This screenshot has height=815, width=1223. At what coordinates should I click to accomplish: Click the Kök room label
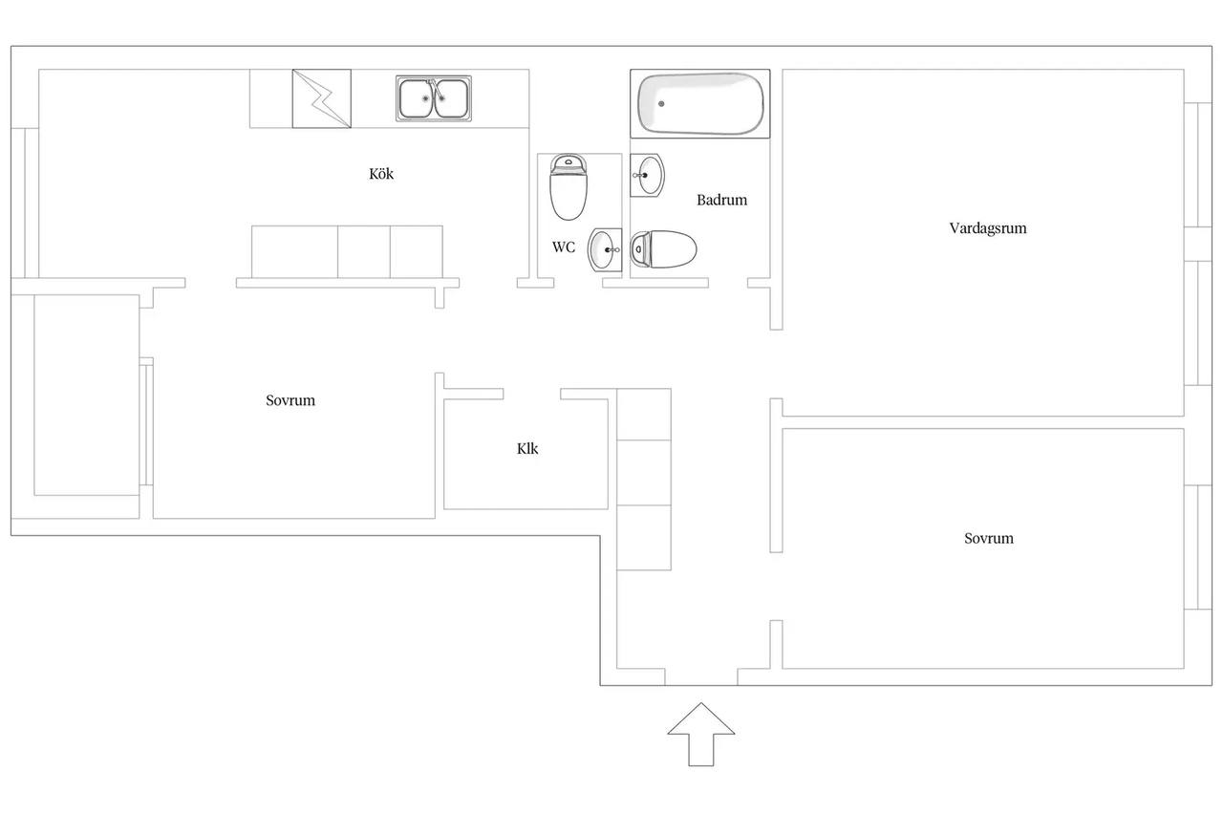pyautogui.click(x=380, y=174)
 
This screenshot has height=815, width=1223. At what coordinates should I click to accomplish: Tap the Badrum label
pyautogui.click(x=721, y=200)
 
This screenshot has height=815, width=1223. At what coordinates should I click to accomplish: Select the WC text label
pyautogui.click(x=564, y=247)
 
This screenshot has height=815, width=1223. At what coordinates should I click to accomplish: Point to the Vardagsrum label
pyautogui.click(x=988, y=228)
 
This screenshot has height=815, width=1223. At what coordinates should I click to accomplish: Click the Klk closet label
pyautogui.click(x=527, y=449)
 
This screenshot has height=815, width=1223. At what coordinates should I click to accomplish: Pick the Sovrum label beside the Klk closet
pyautogui.click(x=290, y=400)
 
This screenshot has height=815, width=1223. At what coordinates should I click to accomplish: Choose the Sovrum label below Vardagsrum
pyautogui.click(x=989, y=539)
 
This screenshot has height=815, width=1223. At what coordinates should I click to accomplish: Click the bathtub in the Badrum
pyautogui.click(x=700, y=104)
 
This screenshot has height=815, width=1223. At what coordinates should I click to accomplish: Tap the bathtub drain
pyautogui.click(x=661, y=104)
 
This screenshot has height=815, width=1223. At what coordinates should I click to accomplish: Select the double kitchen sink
pyautogui.click(x=434, y=98)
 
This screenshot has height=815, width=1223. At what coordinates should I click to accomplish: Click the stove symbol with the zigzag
pyautogui.click(x=322, y=98)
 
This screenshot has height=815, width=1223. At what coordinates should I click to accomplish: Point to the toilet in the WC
pyautogui.click(x=569, y=186)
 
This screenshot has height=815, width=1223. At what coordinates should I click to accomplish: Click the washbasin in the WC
pyautogui.click(x=605, y=249)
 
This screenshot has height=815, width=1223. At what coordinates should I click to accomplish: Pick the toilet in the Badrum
pyautogui.click(x=663, y=249)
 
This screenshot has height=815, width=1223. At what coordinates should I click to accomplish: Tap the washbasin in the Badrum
pyautogui.click(x=647, y=175)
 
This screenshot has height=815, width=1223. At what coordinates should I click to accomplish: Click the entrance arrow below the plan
pyautogui.click(x=701, y=734)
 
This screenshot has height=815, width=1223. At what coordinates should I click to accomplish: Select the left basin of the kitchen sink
pyautogui.click(x=417, y=98)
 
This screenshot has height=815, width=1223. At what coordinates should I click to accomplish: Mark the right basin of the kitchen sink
pyautogui.click(x=451, y=98)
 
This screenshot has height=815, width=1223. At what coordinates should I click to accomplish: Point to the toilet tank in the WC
pyautogui.click(x=569, y=163)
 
